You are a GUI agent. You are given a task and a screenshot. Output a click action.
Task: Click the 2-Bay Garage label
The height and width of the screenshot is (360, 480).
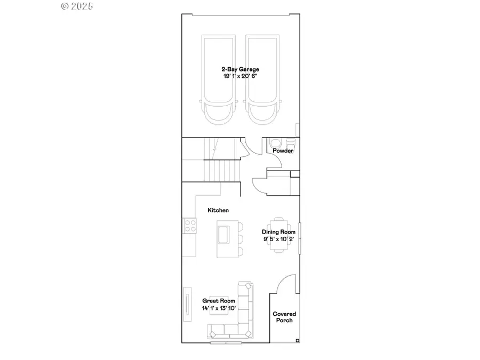coord(241,69)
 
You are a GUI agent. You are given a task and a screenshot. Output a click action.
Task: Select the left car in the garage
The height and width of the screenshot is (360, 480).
coord(217,80)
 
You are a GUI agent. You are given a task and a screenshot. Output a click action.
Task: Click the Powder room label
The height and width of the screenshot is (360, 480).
coord(283,151)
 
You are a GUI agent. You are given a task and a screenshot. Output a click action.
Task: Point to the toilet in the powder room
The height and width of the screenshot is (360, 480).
coord(277,144)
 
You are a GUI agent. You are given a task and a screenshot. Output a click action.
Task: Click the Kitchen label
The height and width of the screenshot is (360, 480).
coord(218,210)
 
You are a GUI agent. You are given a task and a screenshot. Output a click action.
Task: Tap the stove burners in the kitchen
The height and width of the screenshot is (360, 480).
coord(189,226)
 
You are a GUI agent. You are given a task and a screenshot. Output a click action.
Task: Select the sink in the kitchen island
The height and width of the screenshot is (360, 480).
coord(222,234)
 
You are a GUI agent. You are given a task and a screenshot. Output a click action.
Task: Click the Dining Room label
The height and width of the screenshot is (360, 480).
coord(278,232)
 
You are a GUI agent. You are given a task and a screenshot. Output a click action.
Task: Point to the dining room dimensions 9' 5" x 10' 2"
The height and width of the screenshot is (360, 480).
coord(278,239)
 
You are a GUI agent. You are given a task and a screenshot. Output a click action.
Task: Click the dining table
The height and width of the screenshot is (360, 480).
coord(278,235)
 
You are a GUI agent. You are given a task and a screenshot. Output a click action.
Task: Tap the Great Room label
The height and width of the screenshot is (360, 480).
coord(219,301)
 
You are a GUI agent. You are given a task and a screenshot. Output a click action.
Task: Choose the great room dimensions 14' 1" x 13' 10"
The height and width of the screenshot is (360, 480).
coord(219,308)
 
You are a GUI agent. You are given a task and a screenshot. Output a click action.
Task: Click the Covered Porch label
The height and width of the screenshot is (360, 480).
coord(284,317)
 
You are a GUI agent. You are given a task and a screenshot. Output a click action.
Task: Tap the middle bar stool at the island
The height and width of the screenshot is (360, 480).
coord(239,238)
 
